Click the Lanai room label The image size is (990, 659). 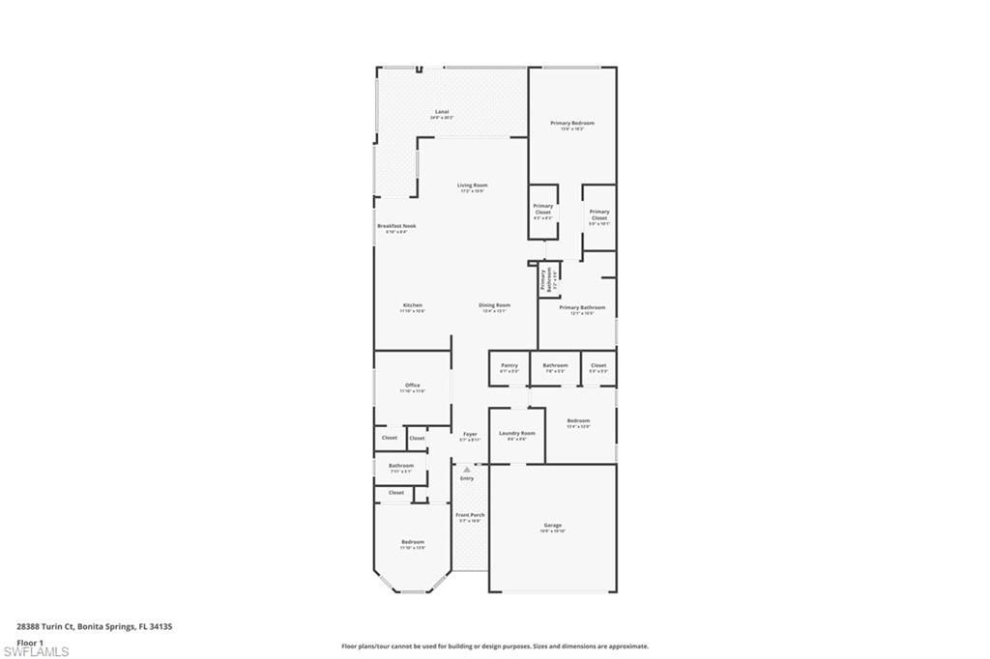pyautogui.click(x=442, y=113)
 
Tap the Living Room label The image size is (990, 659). pyautogui.click(x=472, y=186)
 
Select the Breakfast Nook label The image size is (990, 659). pyautogui.click(x=395, y=227)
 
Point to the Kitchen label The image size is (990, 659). pyautogui.click(x=412, y=306)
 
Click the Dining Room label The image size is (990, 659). pyautogui.click(x=494, y=306)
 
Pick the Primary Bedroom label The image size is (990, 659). pyautogui.click(x=572, y=125)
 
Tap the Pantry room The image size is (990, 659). pyautogui.click(x=510, y=367)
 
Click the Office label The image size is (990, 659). pyautogui.click(x=413, y=387)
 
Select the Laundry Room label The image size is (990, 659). pyautogui.click(x=516, y=435)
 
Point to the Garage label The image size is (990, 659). pyautogui.click(x=552, y=527)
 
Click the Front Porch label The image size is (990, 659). pyautogui.click(x=470, y=516)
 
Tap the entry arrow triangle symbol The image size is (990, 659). pyautogui.click(x=467, y=470)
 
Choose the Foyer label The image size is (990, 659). pyautogui.click(x=470, y=436)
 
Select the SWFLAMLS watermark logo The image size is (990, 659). pyautogui.click(x=36, y=651)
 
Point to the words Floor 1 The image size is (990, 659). pyautogui.click(x=30, y=642)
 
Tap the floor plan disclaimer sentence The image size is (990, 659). pyautogui.click(x=494, y=645)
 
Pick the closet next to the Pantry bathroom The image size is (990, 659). pyautogui.click(x=598, y=367)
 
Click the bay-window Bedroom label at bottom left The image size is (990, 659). pyautogui.click(x=413, y=543)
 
